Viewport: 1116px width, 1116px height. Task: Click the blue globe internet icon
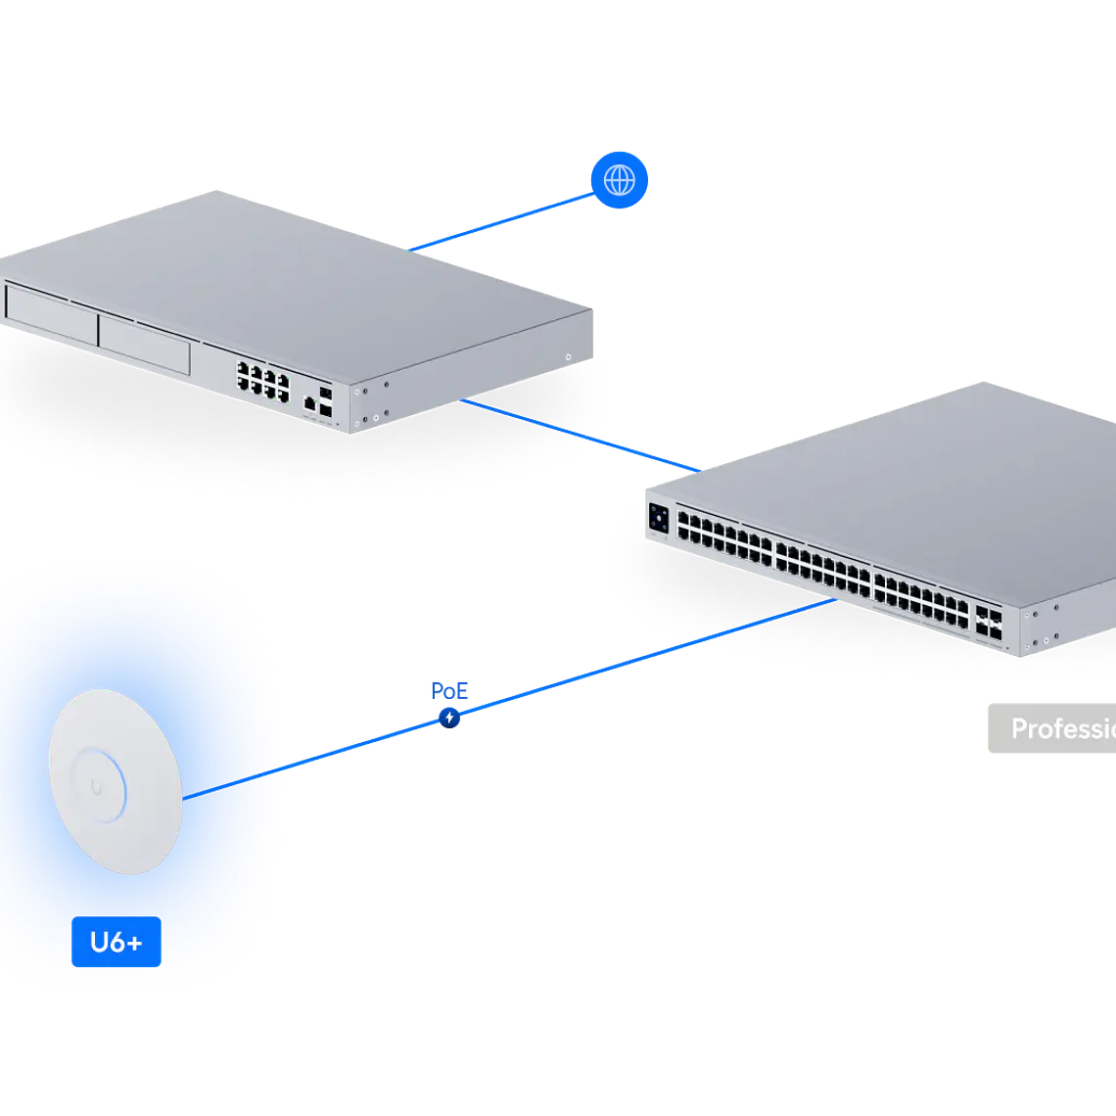click(619, 180)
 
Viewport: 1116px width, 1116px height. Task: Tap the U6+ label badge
click(116, 943)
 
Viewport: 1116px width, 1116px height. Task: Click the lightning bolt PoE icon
click(449, 718)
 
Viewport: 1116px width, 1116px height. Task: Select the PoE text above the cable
click(449, 692)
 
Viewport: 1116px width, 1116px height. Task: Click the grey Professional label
click(1052, 729)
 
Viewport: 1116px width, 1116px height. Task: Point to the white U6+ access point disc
click(115, 781)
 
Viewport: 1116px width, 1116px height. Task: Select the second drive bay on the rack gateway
click(144, 344)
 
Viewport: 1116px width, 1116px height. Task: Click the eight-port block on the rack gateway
click(262, 382)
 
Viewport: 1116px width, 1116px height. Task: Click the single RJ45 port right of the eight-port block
click(309, 401)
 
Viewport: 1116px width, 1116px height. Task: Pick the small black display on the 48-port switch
click(659, 520)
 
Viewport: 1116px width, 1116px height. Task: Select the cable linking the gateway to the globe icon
click(499, 223)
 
